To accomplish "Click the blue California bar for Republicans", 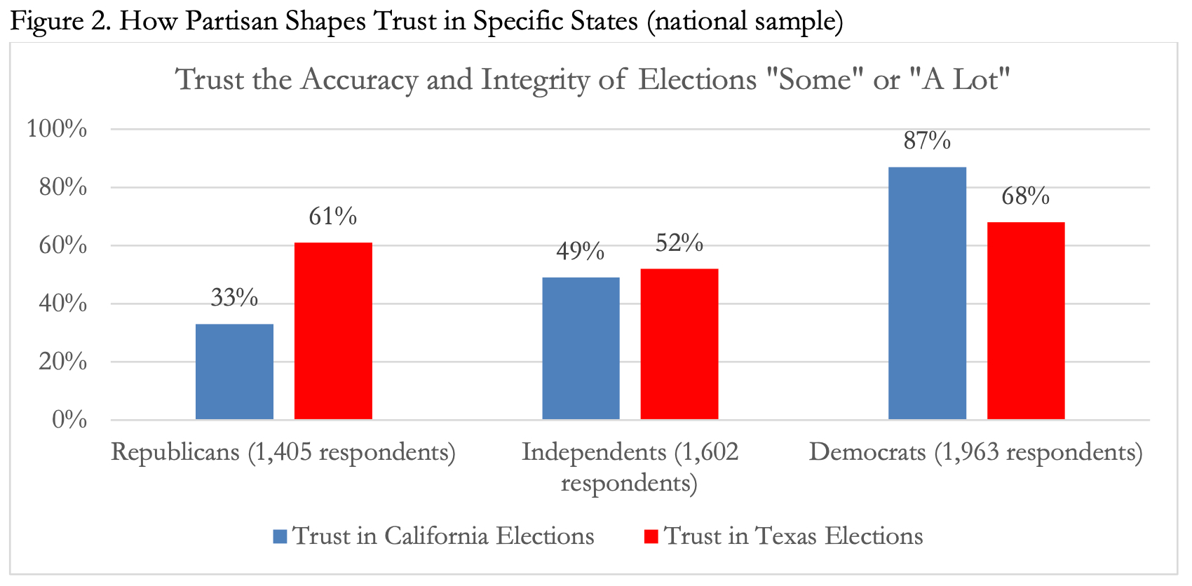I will click(234, 372).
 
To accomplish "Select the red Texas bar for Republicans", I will click(333, 331).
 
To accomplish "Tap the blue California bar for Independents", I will click(581, 348).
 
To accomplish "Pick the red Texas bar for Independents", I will click(679, 344).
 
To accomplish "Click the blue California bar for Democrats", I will click(927, 293).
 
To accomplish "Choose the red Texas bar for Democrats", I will click(1025, 320).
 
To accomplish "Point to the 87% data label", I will click(927, 142).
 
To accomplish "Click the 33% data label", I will click(234, 298).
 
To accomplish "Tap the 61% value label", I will click(333, 217).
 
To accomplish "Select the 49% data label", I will click(581, 252).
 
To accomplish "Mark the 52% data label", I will click(679, 243).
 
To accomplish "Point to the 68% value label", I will click(1025, 196).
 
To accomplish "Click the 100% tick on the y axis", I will click(57, 129).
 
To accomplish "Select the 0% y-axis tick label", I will click(69, 420).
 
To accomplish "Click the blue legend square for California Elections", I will click(280, 537).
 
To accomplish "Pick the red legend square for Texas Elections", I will click(651, 537).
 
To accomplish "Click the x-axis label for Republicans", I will click(283, 452).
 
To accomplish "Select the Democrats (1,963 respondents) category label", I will click(975, 452).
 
